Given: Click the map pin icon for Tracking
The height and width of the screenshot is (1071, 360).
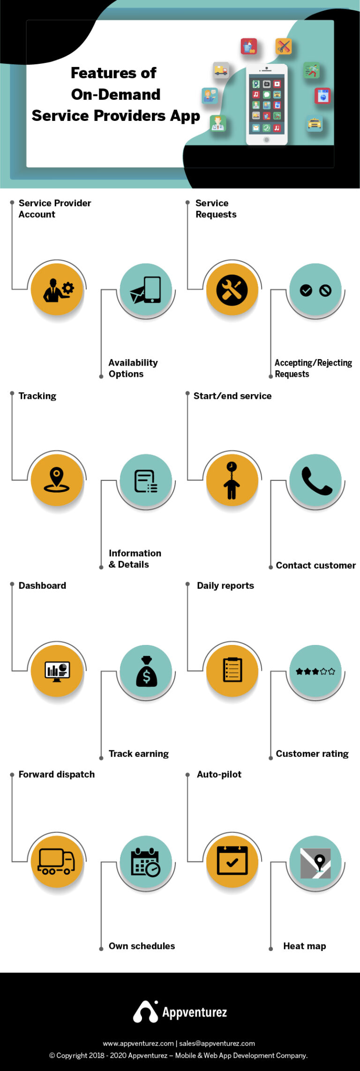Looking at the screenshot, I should click(57, 479).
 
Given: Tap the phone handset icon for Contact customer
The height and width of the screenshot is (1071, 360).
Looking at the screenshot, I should click(316, 480).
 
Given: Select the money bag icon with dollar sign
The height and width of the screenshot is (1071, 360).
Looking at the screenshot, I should click(146, 672).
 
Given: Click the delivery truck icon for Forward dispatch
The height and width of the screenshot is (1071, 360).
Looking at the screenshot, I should click(57, 861).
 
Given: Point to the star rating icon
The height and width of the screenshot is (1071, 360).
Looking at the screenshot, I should click(315, 671).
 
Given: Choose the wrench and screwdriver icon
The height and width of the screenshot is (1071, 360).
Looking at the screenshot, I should click(232, 290).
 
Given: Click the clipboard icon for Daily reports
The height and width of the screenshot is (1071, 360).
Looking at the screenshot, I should click(232, 670).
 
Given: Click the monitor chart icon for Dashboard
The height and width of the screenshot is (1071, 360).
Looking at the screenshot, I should click(57, 671).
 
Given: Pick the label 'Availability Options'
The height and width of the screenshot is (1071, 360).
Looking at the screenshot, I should click(133, 368).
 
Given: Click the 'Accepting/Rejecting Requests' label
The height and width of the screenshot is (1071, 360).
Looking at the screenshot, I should click(313, 368).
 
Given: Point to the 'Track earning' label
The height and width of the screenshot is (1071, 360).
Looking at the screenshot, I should click(138, 754).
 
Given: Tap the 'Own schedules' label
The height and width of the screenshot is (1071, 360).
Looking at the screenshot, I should click(142, 946).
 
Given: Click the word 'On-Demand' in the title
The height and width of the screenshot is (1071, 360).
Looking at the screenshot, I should click(116, 94).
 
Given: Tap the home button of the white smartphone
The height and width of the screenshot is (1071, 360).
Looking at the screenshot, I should click(266, 140).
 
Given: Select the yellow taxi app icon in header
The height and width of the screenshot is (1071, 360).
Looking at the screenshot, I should click(315, 123).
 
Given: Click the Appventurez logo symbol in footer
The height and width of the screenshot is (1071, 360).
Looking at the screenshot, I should click(145, 1011).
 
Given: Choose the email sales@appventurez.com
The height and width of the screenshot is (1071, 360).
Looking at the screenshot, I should click(217, 1043).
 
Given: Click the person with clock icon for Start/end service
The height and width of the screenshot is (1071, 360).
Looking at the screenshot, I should click(232, 480).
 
